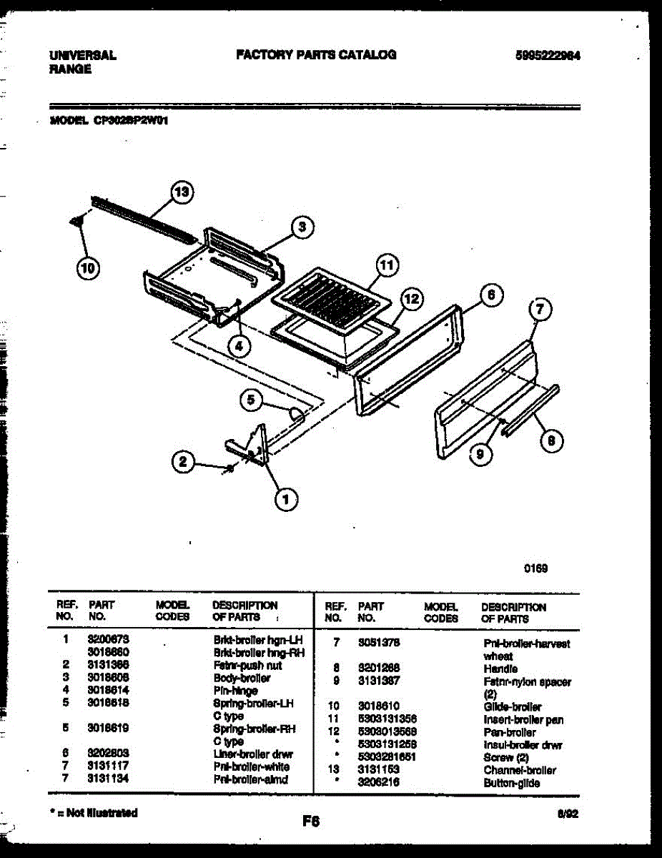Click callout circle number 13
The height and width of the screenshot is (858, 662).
(x=183, y=192)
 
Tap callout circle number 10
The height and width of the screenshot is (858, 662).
(x=87, y=269)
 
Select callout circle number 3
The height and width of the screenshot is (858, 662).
(x=302, y=227)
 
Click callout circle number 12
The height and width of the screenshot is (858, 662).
(x=410, y=299)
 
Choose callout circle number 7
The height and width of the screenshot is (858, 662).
(x=540, y=310)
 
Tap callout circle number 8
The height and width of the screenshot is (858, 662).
(x=550, y=441)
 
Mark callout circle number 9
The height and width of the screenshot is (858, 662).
(x=481, y=452)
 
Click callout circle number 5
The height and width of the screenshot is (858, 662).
(x=251, y=400)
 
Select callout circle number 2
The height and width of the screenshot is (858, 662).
(x=184, y=463)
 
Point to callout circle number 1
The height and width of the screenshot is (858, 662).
(x=287, y=501)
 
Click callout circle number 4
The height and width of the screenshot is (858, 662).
(x=239, y=346)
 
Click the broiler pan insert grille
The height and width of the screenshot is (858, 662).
(x=332, y=297)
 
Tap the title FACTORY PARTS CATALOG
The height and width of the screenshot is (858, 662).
(x=316, y=54)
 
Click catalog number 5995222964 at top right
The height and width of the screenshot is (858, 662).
(x=547, y=55)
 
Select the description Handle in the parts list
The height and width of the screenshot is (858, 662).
(x=500, y=669)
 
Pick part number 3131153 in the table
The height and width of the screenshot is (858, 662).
(x=378, y=770)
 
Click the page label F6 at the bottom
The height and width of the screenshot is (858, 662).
(x=310, y=822)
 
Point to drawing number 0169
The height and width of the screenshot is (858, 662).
(x=535, y=569)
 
